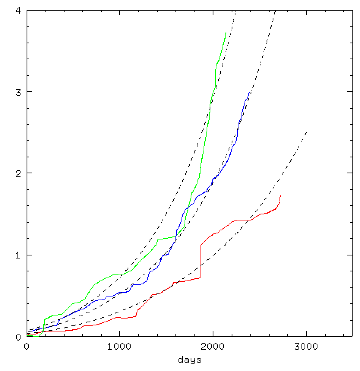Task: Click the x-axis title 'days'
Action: pos(189,359)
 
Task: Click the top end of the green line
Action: pos(226,32)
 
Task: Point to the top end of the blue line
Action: pos(249,92)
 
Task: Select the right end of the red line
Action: pos(280,196)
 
